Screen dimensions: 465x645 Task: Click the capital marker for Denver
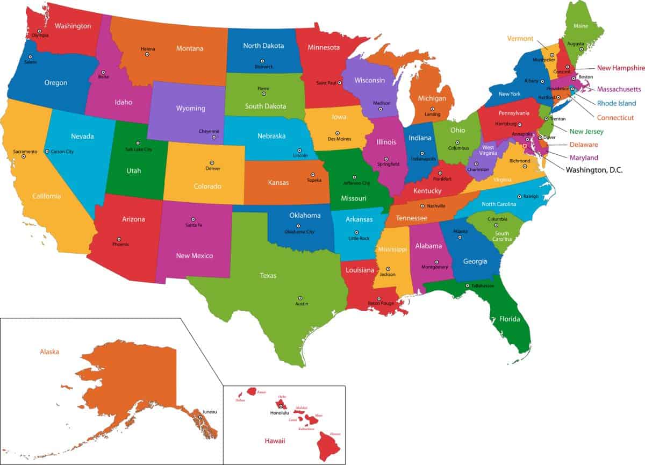[212, 162]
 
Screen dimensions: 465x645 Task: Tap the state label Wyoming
[190, 108]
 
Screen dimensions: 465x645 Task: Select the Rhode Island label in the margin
[616, 103]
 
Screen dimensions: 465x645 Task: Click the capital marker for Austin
[300, 298]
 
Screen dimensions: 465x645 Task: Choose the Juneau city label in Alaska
[209, 412]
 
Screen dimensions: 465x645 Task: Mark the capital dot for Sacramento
[24, 156]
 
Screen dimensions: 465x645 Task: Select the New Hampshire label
[621, 68]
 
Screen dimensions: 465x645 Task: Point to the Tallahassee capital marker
[467, 285]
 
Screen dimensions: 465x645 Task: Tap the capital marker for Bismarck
[262, 61]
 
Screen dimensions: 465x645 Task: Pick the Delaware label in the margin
[591, 145]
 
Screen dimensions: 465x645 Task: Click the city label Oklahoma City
[299, 232]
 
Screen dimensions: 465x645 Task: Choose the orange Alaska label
[49, 352]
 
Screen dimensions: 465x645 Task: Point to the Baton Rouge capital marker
[378, 298]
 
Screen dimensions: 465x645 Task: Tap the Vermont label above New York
[520, 39]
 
